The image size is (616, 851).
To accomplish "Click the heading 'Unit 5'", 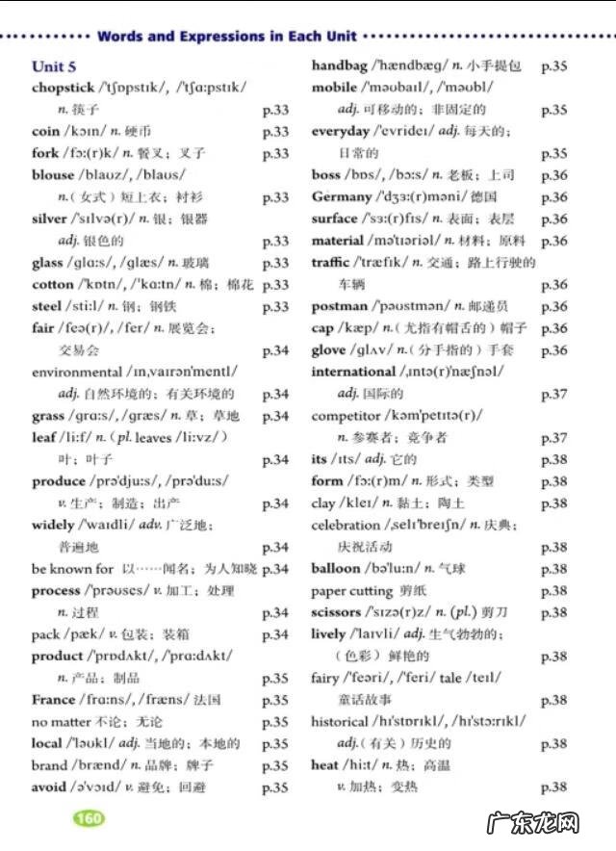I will click(x=54, y=66).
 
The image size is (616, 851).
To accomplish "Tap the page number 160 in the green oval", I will click(x=89, y=818).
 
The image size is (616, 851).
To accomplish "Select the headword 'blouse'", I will click(x=53, y=175).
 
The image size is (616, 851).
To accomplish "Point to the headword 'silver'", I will click(x=50, y=219).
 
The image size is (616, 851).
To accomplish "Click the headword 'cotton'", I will click(x=53, y=285).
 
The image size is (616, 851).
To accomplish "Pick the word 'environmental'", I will click(x=77, y=372).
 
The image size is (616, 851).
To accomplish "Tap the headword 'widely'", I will click(x=53, y=525).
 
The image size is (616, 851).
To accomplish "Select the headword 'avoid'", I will click(x=49, y=787).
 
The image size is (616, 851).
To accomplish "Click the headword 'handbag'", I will click(x=341, y=65).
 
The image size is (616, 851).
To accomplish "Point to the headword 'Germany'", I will click(x=341, y=197).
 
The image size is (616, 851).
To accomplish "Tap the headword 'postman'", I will click(x=340, y=307).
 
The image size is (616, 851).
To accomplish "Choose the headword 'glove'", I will click(x=328, y=350).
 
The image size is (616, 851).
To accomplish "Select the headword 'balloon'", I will click(x=336, y=568).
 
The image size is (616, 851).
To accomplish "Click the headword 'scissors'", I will click(x=336, y=612).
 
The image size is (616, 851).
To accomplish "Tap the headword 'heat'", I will click(x=325, y=765).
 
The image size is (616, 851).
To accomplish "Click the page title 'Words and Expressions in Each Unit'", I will click(x=227, y=37).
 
